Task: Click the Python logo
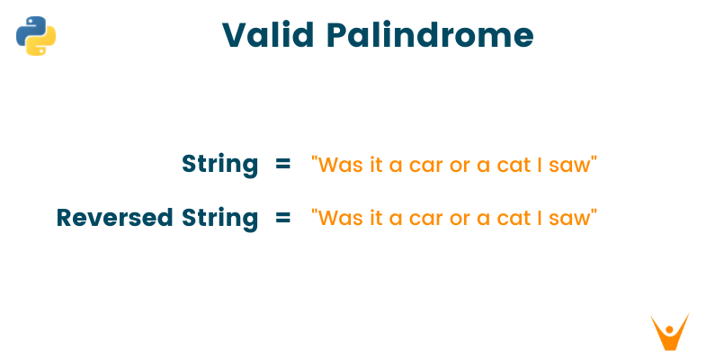coord(36,36)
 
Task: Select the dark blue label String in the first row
coord(219,165)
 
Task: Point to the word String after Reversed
coord(219,218)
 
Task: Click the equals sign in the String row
coord(282,165)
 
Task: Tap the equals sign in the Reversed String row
coord(282,218)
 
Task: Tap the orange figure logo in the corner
coord(669,332)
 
